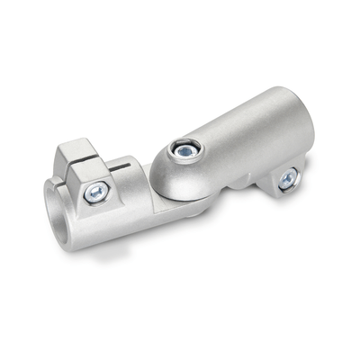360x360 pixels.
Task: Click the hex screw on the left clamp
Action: coord(96,193)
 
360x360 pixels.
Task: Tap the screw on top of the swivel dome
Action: coord(185,148)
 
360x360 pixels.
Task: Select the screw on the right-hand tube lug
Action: coord(287,179)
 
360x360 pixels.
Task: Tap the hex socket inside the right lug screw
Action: coord(288,180)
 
